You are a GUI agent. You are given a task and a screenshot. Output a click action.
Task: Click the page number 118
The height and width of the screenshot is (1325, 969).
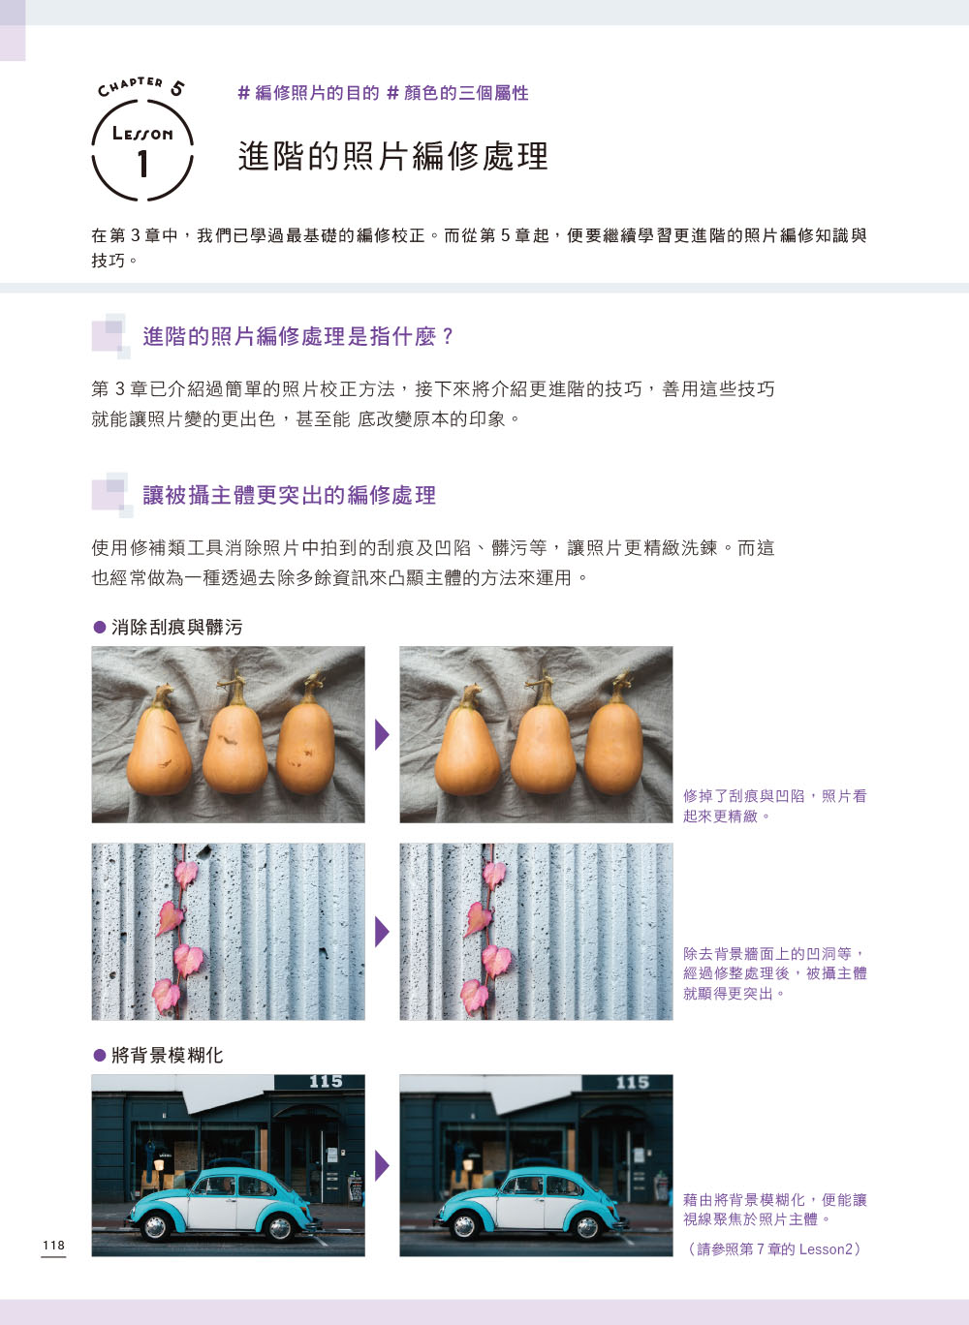(x=53, y=1246)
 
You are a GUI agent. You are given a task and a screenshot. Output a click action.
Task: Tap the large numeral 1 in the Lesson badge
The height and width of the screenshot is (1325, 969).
(x=142, y=164)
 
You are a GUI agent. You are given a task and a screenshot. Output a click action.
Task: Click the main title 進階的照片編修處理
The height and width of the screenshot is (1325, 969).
(x=393, y=156)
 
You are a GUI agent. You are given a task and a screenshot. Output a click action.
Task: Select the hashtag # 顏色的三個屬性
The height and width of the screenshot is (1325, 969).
(x=457, y=93)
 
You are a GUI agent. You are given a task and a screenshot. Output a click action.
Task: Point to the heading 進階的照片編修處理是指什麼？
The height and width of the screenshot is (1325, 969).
(x=298, y=336)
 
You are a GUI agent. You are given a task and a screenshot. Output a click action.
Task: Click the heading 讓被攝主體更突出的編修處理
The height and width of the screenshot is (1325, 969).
(x=289, y=495)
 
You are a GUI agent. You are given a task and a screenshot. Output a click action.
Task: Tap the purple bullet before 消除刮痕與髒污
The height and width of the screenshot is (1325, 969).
(x=99, y=628)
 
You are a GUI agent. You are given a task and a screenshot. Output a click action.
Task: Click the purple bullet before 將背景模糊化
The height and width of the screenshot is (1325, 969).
(x=99, y=1056)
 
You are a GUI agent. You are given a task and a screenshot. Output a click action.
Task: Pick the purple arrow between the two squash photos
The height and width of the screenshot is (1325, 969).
(x=382, y=734)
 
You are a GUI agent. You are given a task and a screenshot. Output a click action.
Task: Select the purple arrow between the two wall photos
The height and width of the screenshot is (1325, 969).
(x=382, y=932)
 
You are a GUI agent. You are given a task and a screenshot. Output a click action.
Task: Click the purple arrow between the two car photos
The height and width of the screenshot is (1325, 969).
(x=382, y=1165)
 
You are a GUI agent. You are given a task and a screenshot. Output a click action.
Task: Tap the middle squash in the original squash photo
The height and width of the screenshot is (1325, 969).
(x=234, y=744)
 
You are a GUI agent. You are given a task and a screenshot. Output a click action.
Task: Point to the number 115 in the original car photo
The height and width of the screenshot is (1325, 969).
(x=326, y=1081)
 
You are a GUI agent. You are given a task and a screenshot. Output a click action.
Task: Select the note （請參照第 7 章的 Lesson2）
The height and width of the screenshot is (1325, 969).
(x=774, y=1249)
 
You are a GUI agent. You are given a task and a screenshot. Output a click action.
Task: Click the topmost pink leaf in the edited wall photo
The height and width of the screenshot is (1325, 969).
(x=494, y=875)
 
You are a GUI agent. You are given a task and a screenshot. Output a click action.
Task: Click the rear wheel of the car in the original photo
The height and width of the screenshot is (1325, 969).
(x=280, y=1228)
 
